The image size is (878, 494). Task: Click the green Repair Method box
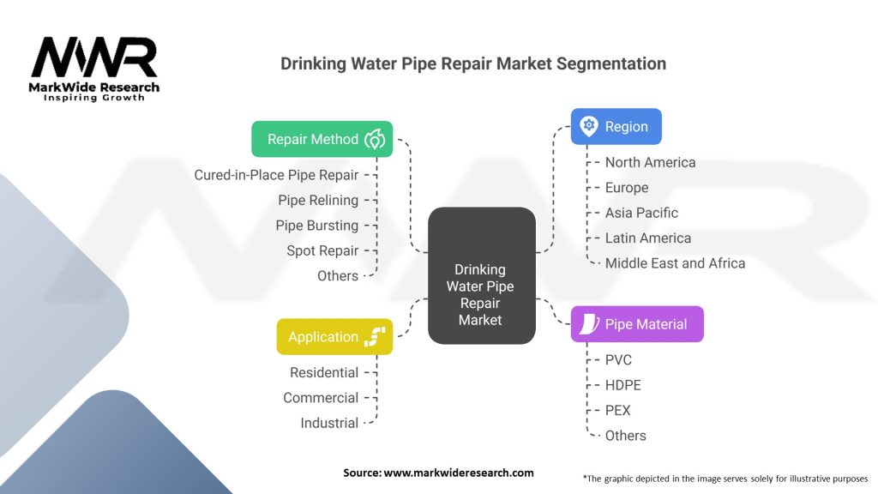point(322,139)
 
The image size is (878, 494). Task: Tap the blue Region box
point(616,126)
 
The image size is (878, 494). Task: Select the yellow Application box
point(334,337)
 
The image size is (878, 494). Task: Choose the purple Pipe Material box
point(636,324)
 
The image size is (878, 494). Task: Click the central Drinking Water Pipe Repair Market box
point(480,295)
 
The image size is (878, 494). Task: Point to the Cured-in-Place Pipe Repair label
point(276,175)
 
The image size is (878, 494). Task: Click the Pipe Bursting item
point(317,226)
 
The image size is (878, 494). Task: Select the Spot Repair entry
point(322,250)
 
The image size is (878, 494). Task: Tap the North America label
point(650,162)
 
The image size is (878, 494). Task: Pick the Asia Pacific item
point(641,213)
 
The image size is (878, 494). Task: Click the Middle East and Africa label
point(675,263)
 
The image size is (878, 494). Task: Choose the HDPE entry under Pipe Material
point(622,385)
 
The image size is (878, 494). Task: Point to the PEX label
point(617,410)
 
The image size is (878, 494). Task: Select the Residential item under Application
point(324,372)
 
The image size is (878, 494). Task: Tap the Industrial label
point(329,423)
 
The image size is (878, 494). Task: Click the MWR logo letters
point(94,58)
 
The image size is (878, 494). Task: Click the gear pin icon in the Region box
point(588,126)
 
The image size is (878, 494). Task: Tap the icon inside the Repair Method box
point(375,139)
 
